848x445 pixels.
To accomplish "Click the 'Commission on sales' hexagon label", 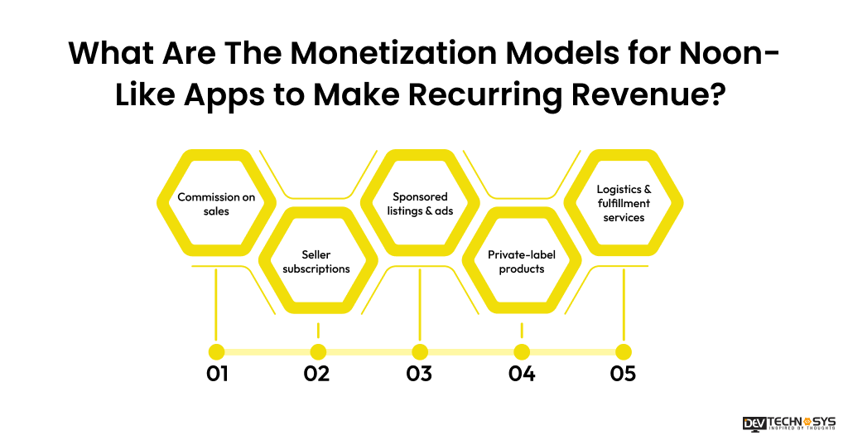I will [x=216, y=204].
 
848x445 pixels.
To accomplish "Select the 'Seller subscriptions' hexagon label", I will [x=316, y=262].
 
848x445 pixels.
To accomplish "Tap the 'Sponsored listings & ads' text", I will [x=420, y=204].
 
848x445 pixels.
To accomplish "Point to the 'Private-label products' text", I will [x=522, y=262].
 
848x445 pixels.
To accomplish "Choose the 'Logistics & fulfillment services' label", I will [x=624, y=204].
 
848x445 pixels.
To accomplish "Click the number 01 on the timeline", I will [x=217, y=374].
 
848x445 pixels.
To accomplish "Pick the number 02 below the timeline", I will [x=316, y=374].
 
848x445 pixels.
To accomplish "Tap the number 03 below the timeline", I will [x=419, y=374].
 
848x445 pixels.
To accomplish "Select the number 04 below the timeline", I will [x=522, y=374].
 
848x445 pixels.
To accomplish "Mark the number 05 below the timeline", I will [x=623, y=374].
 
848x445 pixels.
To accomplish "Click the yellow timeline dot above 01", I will [x=217, y=351].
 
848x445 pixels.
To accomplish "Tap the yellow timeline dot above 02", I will [x=318, y=351].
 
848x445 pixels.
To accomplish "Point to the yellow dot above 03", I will [x=420, y=351].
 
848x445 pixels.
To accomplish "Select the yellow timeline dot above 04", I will [x=522, y=351].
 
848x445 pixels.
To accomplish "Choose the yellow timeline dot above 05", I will [x=624, y=351].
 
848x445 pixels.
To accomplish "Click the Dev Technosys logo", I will [x=788, y=423].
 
